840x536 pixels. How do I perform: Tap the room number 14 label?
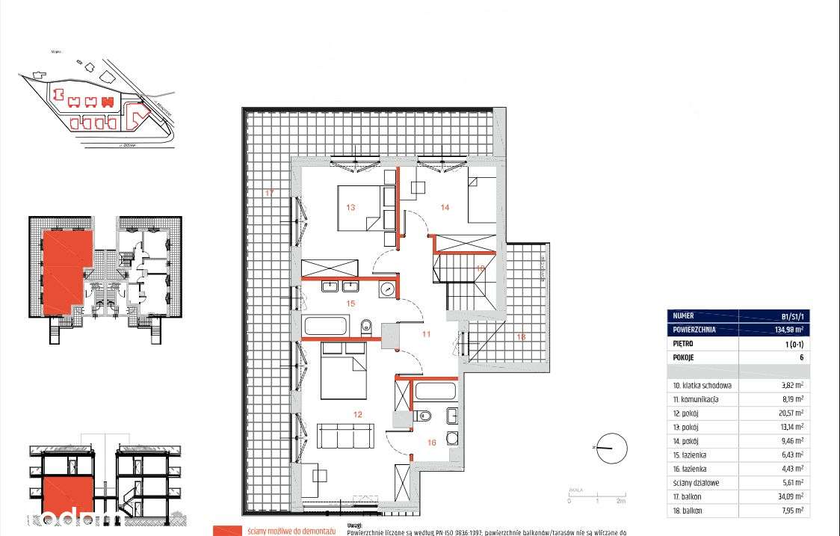click(x=444, y=207)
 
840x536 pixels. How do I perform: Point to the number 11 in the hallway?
click(x=426, y=334)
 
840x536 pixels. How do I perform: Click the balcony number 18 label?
click(x=520, y=337)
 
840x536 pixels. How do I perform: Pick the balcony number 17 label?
click(x=269, y=194)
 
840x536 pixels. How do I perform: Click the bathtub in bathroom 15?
click(x=326, y=327)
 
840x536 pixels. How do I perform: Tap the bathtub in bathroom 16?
click(x=434, y=390)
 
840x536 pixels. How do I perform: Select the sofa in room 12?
click(x=345, y=435)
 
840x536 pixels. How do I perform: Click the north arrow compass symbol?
click(x=611, y=448)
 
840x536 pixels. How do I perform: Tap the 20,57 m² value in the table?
click(x=789, y=413)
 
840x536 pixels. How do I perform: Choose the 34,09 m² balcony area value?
click(x=789, y=496)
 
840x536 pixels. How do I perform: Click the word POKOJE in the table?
click(x=685, y=357)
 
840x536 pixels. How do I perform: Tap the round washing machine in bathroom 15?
click(x=386, y=289)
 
